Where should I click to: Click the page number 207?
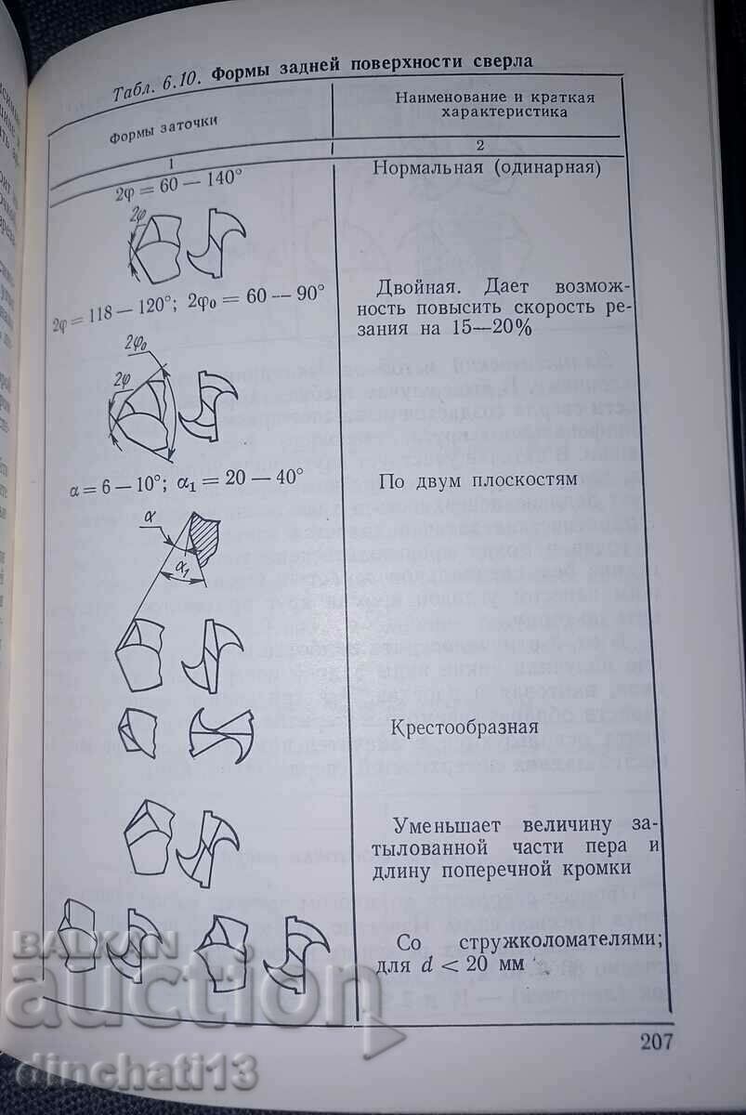tap(656, 1040)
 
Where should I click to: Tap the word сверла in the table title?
tap(500, 62)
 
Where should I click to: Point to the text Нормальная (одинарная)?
tap(487, 168)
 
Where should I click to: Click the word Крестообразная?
tap(465, 726)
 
